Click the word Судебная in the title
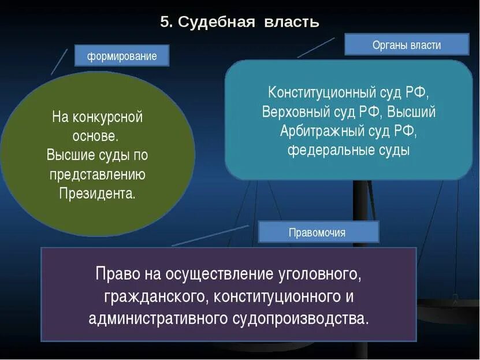tap(217, 22)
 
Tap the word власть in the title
tap(292, 22)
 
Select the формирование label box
tap(122, 56)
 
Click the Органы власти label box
tap(407, 44)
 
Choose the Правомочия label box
tap(318, 232)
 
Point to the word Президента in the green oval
tap(97, 192)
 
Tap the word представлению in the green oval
tap(97, 174)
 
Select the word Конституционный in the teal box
tap(324, 92)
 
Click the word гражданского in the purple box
tap(156, 296)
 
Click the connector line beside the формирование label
tap(59, 62)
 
